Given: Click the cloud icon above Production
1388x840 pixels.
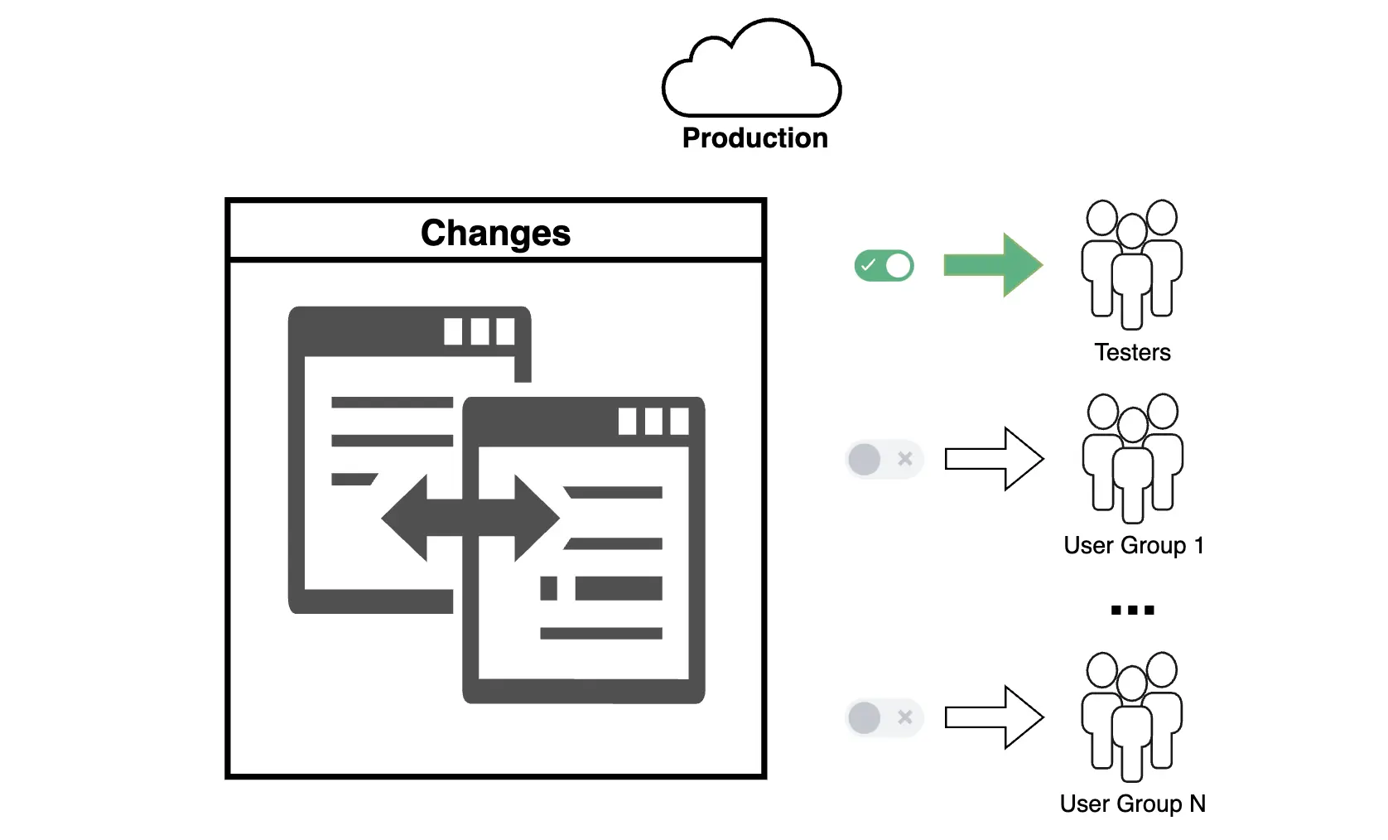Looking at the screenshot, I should coord(752,70).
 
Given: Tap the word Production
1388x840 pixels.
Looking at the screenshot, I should coord(754,138).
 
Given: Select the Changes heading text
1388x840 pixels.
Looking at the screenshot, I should coord(495,233).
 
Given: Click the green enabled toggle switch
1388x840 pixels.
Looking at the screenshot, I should coord(884,266).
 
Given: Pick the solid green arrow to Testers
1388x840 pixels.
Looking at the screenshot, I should coord(993,265).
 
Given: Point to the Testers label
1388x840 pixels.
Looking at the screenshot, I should coord(1132,353).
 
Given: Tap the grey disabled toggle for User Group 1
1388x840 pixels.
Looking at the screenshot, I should coord(884,459).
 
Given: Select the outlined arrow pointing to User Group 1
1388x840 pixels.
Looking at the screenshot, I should coord(994,459).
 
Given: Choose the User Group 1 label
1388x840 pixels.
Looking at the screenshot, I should coord(1133,546).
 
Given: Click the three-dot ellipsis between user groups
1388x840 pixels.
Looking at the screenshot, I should coord(1132,611).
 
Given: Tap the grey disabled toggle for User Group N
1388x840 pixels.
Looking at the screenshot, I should coord(884,717).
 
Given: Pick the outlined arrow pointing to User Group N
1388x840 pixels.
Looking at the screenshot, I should coord(994,717).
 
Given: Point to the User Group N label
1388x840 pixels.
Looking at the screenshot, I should coord(1132,804).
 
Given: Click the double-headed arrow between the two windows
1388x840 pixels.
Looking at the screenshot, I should coord(470,518).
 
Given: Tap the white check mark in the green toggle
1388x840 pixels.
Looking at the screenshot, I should coord(868,266).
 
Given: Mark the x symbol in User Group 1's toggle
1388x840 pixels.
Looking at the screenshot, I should coord(905,459).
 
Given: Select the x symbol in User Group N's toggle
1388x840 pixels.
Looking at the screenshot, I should coord(905,717).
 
